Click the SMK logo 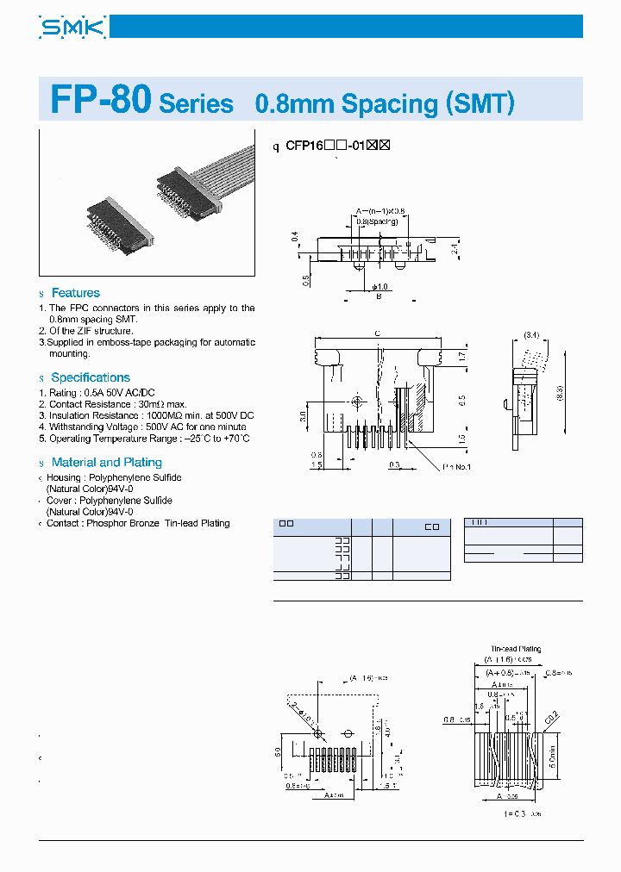coord(72,28)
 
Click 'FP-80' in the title coord(102,101)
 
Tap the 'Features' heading coord(75,293)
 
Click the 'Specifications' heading coord(90,377)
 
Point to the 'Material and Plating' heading coord(106,462)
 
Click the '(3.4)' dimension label coord(530,334)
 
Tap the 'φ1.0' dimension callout coord(380,286)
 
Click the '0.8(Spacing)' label coord(377,221)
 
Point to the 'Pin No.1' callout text coord(457,467)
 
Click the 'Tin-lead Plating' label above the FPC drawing coord(517,649)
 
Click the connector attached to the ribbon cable coord(185,192)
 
